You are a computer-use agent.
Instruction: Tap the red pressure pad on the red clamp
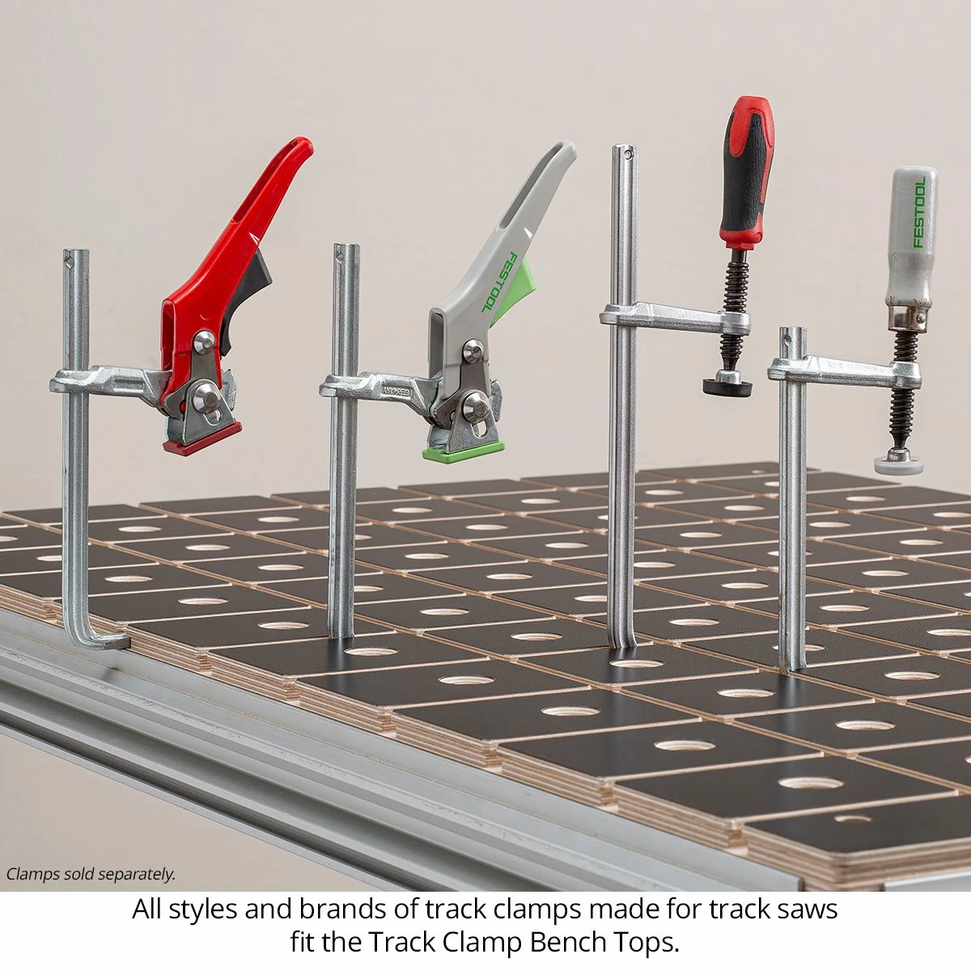pos(202,439)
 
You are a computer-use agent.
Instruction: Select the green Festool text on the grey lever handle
pos(499,282)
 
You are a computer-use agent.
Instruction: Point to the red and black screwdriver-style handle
pos(747,172)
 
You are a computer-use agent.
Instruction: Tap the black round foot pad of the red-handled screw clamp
pos(727,387)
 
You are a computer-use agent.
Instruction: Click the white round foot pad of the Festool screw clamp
pos(898,464)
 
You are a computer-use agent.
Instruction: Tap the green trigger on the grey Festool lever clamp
pos(509,292)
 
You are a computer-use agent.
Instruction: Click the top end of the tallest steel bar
pos(625,146)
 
